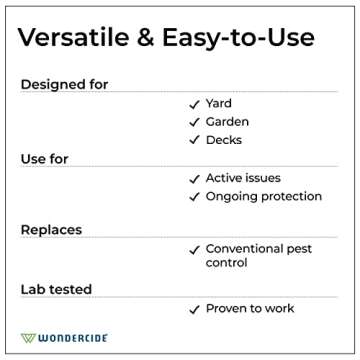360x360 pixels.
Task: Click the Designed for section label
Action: point(65,84)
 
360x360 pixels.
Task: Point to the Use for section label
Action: point(45,159)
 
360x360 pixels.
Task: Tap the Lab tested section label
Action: point(56,289)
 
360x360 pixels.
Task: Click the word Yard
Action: point(219,103)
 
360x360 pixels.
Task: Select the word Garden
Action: point(228,121)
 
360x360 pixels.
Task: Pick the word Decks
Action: point(224,139)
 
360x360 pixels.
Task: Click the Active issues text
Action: point(245,178)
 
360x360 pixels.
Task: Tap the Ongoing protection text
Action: point(263,196)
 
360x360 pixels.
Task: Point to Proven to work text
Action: point(250,308)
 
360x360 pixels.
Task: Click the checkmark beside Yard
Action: point(194,103)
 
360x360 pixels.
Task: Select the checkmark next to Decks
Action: point(194,139)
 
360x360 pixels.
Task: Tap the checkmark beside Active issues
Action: point(194,178)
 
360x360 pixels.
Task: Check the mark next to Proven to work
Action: point(194,308)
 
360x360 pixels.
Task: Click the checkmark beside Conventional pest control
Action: point(194,248)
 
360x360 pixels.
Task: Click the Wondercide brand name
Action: point(76,337)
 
